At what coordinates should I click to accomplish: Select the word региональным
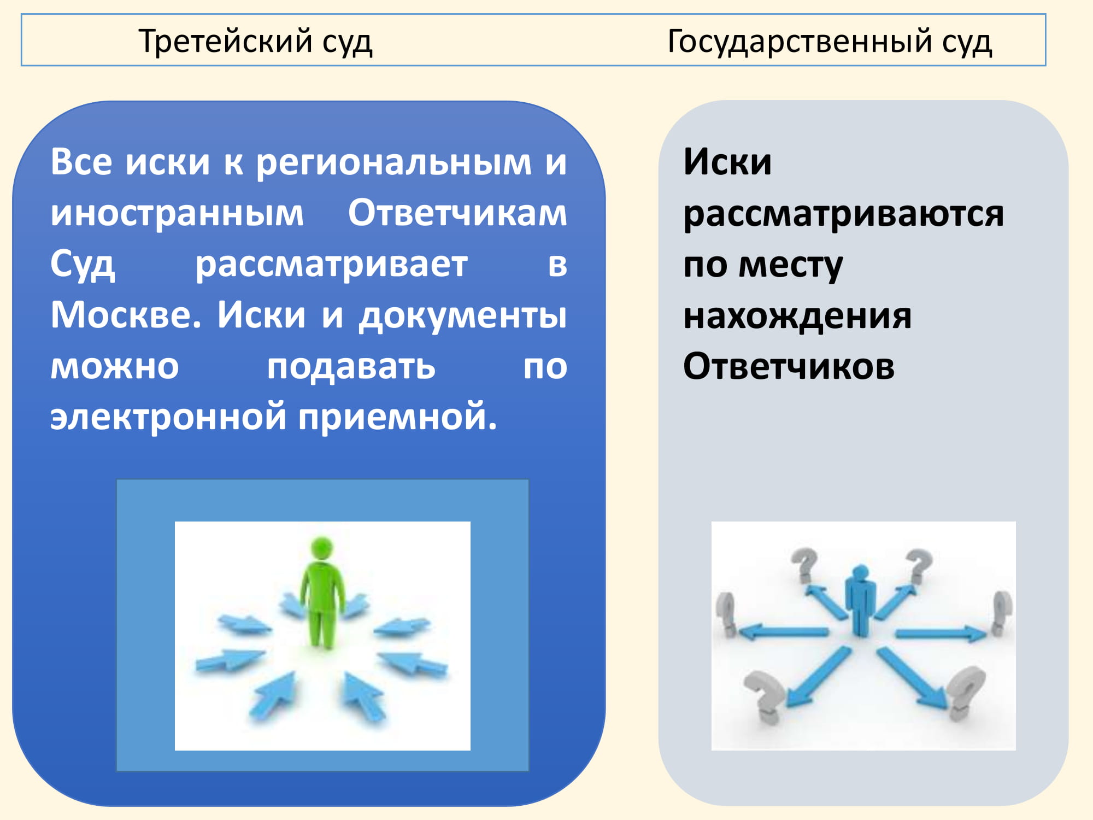[x=394, y=163]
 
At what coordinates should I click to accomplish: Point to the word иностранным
[x=177, y=213]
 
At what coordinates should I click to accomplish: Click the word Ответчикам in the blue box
[x=458, y=213]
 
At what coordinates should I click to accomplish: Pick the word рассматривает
[x=332, y=265]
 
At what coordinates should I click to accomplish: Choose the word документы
[x=463, y=316]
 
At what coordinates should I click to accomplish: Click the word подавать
[x=351, y=366]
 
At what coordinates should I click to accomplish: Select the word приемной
[x=398, y=417]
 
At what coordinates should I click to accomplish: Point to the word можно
[x=115, y=367]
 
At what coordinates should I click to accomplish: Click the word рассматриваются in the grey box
[x=843, y=214]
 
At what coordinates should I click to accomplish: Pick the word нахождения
[x=797, y=316]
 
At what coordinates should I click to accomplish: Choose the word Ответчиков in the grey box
[x=789, y=366]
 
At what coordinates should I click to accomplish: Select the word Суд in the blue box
[x=83, y=265]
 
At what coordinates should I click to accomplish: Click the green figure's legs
[x=321, y=629]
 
